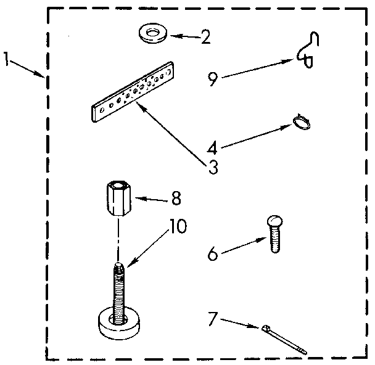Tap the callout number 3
[213, 166]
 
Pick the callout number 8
[176, 199]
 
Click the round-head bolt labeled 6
[274, 234]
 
